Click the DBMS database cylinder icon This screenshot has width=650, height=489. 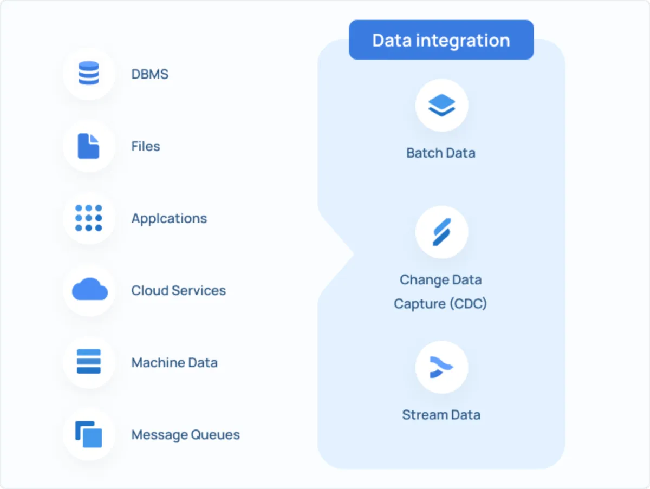(x=89, y=74)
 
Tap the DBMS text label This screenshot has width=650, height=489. (x=150, y=74)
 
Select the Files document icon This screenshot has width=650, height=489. (x=89, y=146)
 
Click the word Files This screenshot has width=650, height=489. (x=146, y=146)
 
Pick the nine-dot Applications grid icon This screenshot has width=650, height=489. (x=89, y=218)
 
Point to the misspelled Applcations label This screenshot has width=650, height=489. (x=169, y=219)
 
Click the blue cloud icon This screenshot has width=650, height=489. (x=89, y=290)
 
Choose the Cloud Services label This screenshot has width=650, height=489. (x=178, y=290)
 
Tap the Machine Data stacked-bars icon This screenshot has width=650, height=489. (x=89, y=362)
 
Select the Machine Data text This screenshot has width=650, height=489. (x=174, y=362)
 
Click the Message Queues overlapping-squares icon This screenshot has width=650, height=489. (x=89, y=434)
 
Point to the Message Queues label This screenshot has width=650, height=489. (x=185, y=435)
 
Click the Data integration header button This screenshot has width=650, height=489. (x=441, y=40)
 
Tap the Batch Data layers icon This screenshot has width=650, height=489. (x=441, y=106)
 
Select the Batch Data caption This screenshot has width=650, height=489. (x=441, y=153)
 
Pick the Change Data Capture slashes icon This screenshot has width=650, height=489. (x=441, y=232)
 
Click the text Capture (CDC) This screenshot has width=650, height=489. (x=440, y=304)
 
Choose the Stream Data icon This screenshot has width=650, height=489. (x=441, y=367)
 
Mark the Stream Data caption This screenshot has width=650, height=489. (x=441, y=415)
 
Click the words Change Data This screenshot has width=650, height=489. (x=440, y=280)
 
